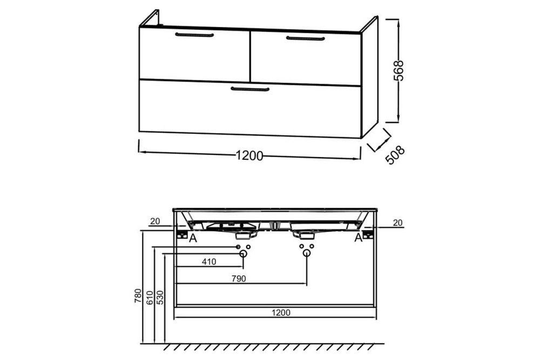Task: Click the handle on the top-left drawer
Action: click(194, 35)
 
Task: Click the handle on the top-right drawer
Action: click(305, 38)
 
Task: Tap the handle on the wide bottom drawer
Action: click(249, 89)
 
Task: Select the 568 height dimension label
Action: click(399, 71)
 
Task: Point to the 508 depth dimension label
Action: click(395, 155)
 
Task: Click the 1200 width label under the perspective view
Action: click(249, 156)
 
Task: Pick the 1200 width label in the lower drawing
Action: click(281, 313)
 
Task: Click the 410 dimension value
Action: click(209, 262)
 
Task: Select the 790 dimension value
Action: click(239, 279)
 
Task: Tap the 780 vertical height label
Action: click(138, 296)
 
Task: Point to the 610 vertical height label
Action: click(150, 298)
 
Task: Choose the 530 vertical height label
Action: click(160, 298)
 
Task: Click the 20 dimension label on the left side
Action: click(156, 221)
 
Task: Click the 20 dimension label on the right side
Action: click(398, 223)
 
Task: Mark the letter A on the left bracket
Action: click(193, 238)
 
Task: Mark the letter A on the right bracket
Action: click(359, 237)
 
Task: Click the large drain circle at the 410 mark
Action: click(243, 254)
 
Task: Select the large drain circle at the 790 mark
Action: click(307, 254)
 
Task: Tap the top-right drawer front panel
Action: click(306, 58)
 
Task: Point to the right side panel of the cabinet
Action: click(369, 77)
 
